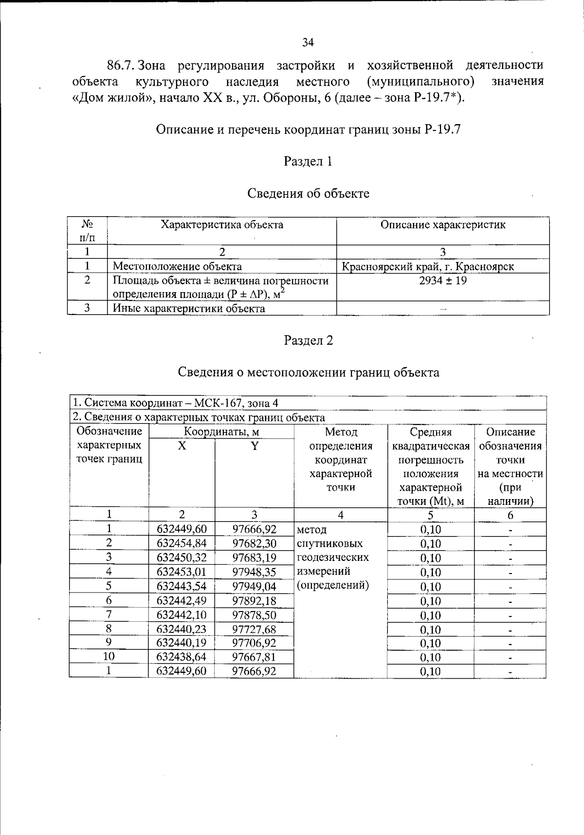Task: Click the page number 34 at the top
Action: click(308, 42)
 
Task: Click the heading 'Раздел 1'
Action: click(308, 162)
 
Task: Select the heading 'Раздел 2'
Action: click(308, 341)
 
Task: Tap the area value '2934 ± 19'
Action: click(442, 280)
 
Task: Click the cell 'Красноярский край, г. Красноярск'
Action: click(428, 267)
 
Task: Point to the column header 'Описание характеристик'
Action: click(442, 225)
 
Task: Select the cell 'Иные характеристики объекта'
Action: click(189, 309)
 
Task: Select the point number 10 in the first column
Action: click(109, 656)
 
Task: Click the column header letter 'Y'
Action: click(254, 446)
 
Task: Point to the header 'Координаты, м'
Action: click(221, 432)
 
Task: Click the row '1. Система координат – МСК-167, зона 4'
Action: click(175, 403)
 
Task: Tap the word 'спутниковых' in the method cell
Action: click(329, 544)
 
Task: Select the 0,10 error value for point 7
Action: click(430, 615)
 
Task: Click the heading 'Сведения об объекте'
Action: click(308, 194)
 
